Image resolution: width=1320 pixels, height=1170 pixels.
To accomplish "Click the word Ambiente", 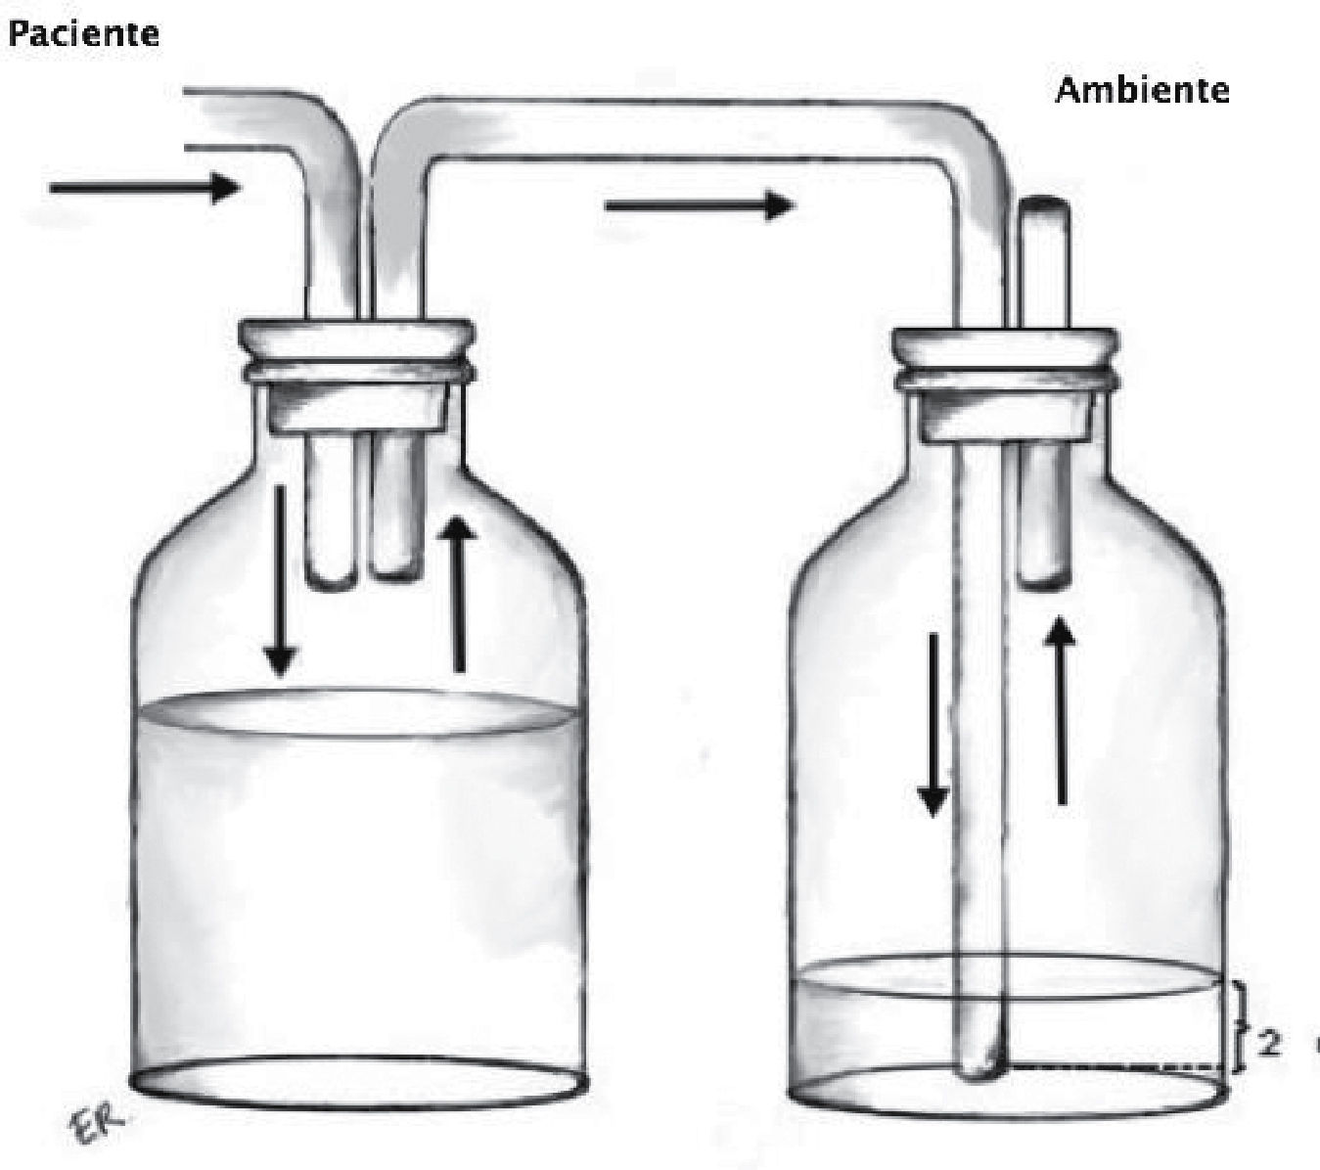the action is (x=1142, y=90).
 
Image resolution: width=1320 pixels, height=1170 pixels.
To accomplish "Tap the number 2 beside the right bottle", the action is (x=1269, y=1043).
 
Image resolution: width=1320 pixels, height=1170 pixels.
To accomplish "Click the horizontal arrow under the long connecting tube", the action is (x=699, y=205).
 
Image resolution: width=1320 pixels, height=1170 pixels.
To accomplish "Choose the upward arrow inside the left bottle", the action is (x=458, y=594).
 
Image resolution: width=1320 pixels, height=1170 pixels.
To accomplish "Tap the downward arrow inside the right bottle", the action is (x=933, y=724).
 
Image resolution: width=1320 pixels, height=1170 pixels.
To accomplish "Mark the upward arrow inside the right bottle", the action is (x=1062, y=713).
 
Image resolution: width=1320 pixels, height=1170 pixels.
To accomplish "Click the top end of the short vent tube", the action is (x=1044, y=206).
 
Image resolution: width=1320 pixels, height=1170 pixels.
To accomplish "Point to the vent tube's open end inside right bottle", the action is (x=1043, y=582).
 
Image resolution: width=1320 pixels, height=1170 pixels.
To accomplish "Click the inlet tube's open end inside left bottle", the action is (x=330, y=581).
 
